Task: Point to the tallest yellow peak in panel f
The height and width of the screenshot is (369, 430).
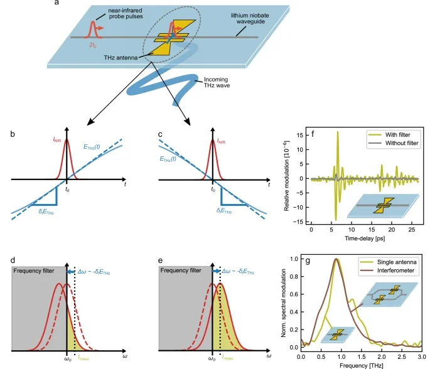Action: [x=337, y=132]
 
